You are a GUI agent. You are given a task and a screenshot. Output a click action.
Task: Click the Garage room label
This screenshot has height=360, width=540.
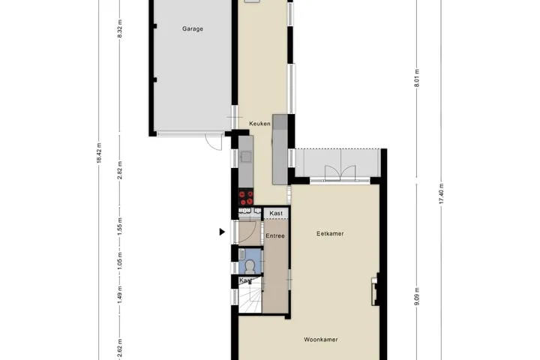193,29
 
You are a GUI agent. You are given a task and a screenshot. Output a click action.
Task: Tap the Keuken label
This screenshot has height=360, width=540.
259,123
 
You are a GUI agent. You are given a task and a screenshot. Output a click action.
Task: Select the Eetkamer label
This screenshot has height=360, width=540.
330,233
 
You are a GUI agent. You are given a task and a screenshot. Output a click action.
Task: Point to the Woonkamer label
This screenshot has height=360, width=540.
321,339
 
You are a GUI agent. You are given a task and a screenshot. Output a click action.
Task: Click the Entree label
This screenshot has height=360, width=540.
275,236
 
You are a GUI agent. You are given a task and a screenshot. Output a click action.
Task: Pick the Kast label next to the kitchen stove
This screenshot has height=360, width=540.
276,213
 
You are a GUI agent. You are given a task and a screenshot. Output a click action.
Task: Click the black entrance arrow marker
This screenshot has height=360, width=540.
222,232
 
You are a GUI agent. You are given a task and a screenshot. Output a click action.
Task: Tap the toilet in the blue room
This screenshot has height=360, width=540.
249,265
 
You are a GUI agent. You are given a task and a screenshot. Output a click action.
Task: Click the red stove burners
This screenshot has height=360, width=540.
246,198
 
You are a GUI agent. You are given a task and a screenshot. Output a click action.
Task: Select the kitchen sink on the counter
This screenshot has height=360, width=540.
246,156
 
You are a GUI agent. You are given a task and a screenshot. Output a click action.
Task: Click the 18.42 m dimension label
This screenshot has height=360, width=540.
99,153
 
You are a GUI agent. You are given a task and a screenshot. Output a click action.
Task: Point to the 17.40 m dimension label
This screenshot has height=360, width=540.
441,193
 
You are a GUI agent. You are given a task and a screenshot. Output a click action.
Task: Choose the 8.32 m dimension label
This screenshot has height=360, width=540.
120,29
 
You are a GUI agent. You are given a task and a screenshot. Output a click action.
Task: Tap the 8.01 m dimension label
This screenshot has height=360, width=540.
417,78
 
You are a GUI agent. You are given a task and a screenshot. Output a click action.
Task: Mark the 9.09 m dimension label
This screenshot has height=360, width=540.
417,296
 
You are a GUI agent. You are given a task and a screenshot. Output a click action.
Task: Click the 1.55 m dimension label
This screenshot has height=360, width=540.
120,226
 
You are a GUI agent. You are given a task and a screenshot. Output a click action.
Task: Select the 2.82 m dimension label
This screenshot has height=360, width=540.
120,170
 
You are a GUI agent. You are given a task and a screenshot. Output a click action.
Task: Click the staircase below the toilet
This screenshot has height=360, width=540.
250,295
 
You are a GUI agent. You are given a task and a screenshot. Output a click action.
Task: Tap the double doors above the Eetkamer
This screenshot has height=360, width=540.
340,172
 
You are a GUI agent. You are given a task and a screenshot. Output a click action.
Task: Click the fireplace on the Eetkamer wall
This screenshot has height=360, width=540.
375,289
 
